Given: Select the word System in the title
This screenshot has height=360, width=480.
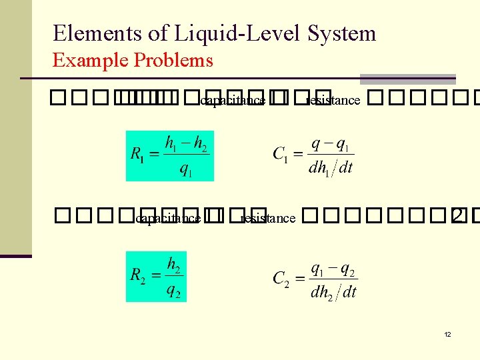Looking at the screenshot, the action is tap(341, 33).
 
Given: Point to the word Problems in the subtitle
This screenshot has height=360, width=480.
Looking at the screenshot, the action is tap(173, 61).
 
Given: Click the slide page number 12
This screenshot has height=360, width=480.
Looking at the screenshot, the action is tap(447, 333).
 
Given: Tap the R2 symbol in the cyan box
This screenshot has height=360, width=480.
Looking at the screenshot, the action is tap(139, 276).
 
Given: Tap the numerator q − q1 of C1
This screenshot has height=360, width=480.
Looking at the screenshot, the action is tap(331, 144).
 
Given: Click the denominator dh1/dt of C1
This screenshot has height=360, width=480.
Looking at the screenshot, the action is tap(331, 167).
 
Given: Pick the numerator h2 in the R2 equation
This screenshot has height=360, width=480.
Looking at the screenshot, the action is tap(173, 265).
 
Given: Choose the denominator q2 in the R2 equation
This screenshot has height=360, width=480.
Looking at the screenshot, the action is tap(173, 290).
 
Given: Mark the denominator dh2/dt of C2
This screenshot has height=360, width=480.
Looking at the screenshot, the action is tap(334, 291).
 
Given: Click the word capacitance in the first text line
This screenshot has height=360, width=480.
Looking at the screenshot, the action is tap(233, 101).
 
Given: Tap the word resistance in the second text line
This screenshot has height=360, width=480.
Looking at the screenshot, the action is tap(267, 218).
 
